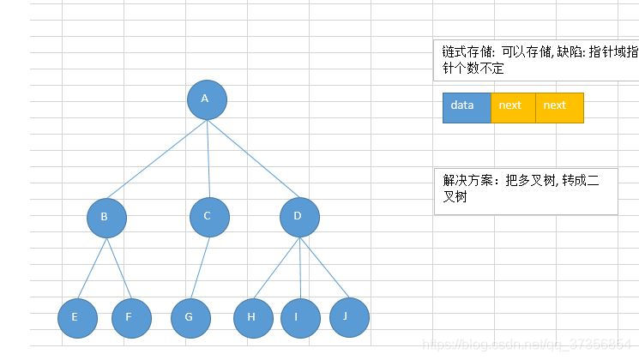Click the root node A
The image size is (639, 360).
[207, 99]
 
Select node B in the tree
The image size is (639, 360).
[106, 218]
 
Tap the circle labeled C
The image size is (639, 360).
[209, 218]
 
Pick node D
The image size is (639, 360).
[299, 218]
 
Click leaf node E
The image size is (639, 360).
[77, 318]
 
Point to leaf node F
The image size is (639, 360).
[131, 318]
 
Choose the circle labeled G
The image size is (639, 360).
[190, 318]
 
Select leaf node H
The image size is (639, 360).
[253, 318]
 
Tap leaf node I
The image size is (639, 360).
[299, 318]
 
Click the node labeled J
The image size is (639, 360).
[349, 316]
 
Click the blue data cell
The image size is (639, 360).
[467, 108]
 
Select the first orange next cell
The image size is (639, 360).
[513, 108]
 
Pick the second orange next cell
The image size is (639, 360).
[559, 108]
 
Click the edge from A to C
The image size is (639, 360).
[208, 159]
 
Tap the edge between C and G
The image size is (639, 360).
[201, 267]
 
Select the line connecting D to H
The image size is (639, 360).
[277, 267]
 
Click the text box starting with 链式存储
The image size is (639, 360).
[536, 61]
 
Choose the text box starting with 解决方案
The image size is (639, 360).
[525, 190]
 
